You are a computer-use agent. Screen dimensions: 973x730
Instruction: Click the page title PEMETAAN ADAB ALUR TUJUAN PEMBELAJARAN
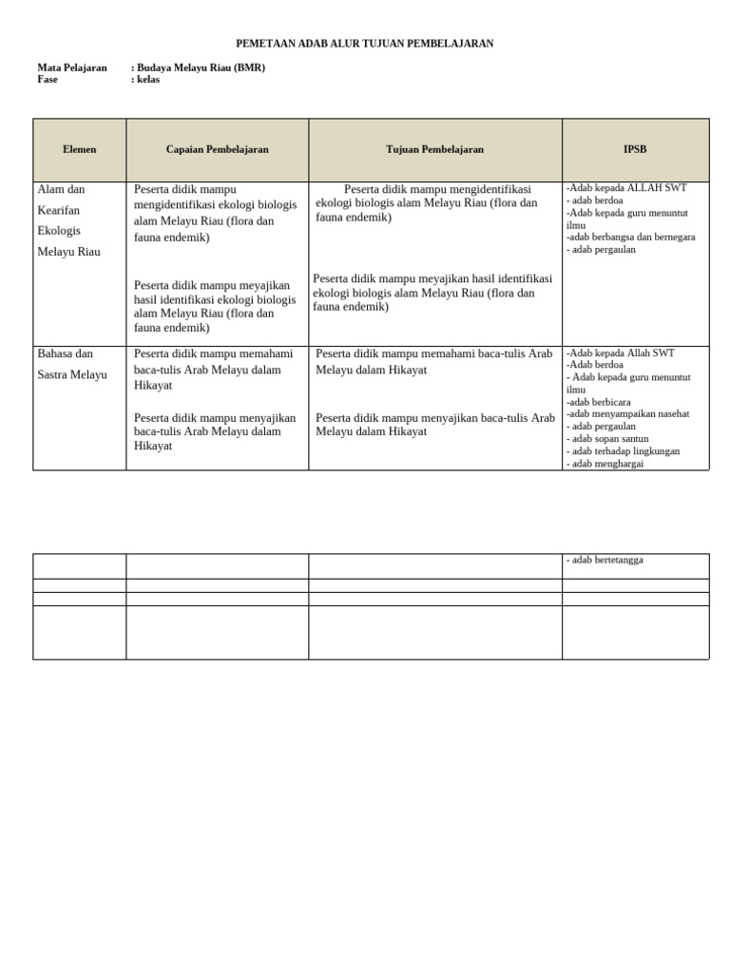[x=365, y=44]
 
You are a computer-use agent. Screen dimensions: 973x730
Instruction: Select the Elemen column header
[x=80, y=150]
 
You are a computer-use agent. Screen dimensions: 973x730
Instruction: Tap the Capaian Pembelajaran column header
[x=217, y=150]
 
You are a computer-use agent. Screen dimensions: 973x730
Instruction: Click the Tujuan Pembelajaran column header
[x=434, y=150]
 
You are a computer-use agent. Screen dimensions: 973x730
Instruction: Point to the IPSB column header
[x=635, y=150]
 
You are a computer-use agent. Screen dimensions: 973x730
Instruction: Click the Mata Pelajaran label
[x=72, y=68]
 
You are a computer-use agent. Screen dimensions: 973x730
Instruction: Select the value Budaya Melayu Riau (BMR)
[x=201, y=68]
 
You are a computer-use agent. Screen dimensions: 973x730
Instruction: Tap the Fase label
[x=48, y=80]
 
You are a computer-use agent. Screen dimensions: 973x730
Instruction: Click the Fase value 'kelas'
[x=147, y=80]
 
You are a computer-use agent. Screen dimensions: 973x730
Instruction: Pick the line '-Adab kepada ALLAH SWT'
[x=625, y=188]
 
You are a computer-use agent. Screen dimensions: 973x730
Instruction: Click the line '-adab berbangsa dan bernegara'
[x=630, y=238]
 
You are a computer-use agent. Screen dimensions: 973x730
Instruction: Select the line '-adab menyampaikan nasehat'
[x=627, y=414]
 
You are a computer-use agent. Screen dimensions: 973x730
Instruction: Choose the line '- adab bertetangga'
[x=605, y=560]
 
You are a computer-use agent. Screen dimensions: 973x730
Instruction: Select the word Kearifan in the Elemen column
[x=59, y=210]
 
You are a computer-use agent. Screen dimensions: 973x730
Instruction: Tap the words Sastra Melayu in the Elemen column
[x=72, y=374]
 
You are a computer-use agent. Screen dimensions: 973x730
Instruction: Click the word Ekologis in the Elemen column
[x=59, y=231]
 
